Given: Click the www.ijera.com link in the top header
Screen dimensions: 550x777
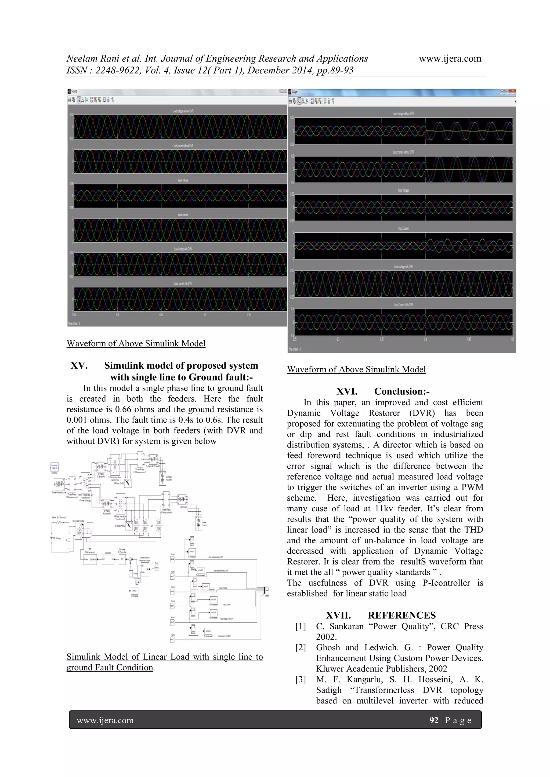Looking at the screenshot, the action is [450, 58].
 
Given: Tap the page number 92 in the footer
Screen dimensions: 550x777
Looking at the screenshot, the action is [433, 720].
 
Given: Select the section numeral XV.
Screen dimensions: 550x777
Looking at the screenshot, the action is [79, 365].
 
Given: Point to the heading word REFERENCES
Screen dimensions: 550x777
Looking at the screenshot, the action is [402, 615].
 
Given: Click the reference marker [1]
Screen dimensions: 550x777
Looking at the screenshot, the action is [301, 626].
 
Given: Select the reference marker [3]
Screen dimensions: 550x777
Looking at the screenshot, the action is [301, 680].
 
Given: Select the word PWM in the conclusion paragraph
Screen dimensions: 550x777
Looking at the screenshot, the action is [472, 487].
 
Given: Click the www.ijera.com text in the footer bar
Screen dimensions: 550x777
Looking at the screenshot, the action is [105, 720].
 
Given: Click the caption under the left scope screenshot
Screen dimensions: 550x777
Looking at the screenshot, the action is [136, 343].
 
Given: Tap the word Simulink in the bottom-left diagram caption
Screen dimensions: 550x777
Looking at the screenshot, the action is [83, 657].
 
